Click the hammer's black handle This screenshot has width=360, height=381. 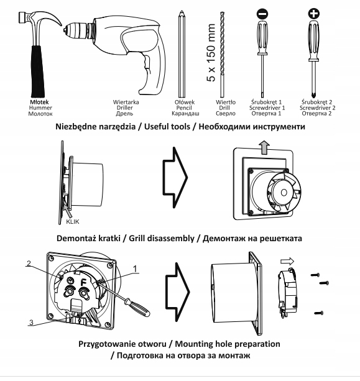pos(38,71)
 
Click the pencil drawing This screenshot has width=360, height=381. pos(182,54)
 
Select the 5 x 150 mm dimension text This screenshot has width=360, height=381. pos(211,52)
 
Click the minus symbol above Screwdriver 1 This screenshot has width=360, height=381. pos(262,14)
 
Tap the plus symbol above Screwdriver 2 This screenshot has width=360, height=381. pos(314,14)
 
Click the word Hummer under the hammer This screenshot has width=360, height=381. pos(40,108)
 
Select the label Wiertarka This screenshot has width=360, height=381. pos(126,102)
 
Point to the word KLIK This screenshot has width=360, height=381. pos(73,222)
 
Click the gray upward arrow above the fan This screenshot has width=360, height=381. pos(264,147)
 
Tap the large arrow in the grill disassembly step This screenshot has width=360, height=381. pos(175,177)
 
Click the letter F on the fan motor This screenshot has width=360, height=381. pos(83,282)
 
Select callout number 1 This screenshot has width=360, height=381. pos(135,269)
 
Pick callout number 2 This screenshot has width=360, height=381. pos(29,264)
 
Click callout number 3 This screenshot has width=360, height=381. pos(31,323)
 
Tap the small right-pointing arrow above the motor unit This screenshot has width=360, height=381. pos(287,262)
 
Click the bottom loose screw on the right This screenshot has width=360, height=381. pos(319,313)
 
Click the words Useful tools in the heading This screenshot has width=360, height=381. pos(167,127)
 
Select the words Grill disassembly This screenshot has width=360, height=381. pos(162,239)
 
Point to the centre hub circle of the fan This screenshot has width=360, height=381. pos(284,193)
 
